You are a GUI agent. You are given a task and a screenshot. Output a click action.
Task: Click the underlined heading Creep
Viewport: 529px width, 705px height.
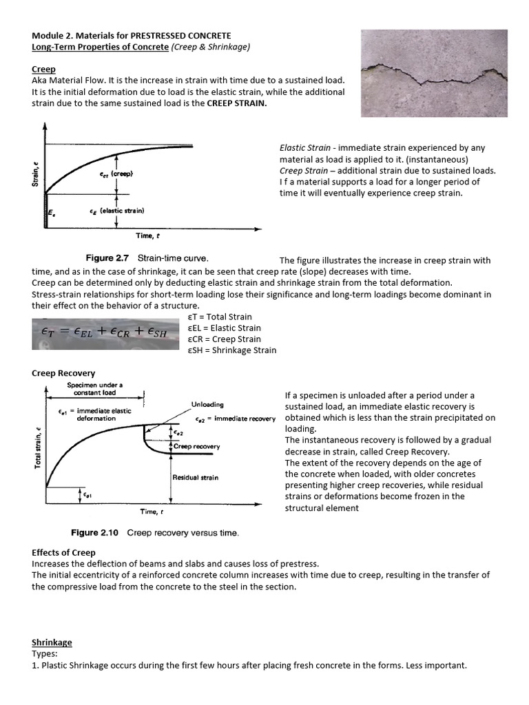[43, 70]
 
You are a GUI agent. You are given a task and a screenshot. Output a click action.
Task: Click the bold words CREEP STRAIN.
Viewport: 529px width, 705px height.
[239, 103]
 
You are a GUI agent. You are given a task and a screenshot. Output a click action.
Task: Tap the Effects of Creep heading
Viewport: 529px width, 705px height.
[63, 552]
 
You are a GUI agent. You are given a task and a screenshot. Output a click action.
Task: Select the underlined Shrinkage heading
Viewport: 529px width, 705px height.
[52, 642]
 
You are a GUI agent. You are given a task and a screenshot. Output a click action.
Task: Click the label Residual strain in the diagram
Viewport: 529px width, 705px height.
[195, 477]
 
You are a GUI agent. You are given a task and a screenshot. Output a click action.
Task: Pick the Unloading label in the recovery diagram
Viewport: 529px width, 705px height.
[207, 404]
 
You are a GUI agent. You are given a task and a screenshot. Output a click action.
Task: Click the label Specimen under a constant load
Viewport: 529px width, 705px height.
[94, 388]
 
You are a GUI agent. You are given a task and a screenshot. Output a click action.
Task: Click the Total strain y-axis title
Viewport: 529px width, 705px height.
[37, 448]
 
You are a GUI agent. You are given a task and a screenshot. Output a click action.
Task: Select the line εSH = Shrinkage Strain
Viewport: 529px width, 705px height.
[231, 350]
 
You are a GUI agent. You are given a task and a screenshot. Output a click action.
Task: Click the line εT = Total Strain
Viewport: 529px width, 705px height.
[220, 317]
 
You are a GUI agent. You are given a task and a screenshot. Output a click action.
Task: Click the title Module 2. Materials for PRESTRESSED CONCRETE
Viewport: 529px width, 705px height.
[132, 35]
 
